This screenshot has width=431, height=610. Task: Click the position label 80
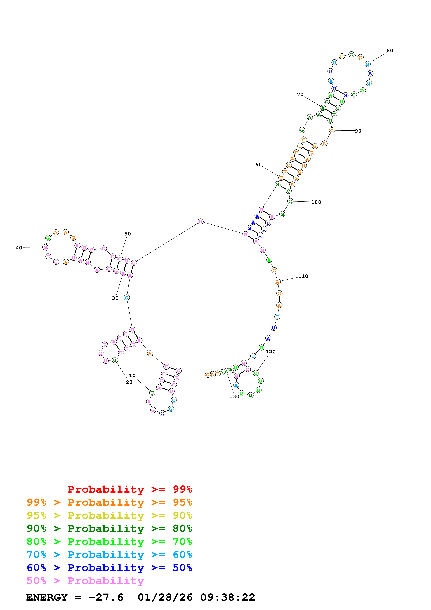[x=390, y=50]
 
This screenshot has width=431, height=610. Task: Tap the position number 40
[x=19, y=248]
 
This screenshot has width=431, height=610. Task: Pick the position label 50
[x=127, y=234]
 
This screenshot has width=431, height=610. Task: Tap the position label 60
[x=258, y=165]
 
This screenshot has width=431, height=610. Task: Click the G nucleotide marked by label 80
[x=368, y=64]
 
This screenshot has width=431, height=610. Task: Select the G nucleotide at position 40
[x=45, y=247]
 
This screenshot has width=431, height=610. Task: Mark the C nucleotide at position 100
[x=290, y=201]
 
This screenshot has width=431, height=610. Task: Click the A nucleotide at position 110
[x=277, y=282]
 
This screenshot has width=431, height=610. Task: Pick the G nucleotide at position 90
[x=332, y=130]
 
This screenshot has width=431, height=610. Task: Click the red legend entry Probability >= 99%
[x=130, y=489]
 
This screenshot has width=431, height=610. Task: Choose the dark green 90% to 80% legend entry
[x=109, y=528]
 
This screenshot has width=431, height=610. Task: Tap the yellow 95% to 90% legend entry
[x=109, y=515]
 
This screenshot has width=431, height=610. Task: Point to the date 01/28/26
[x=165, y=597]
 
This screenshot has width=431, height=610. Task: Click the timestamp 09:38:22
[x=228, y=597]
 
